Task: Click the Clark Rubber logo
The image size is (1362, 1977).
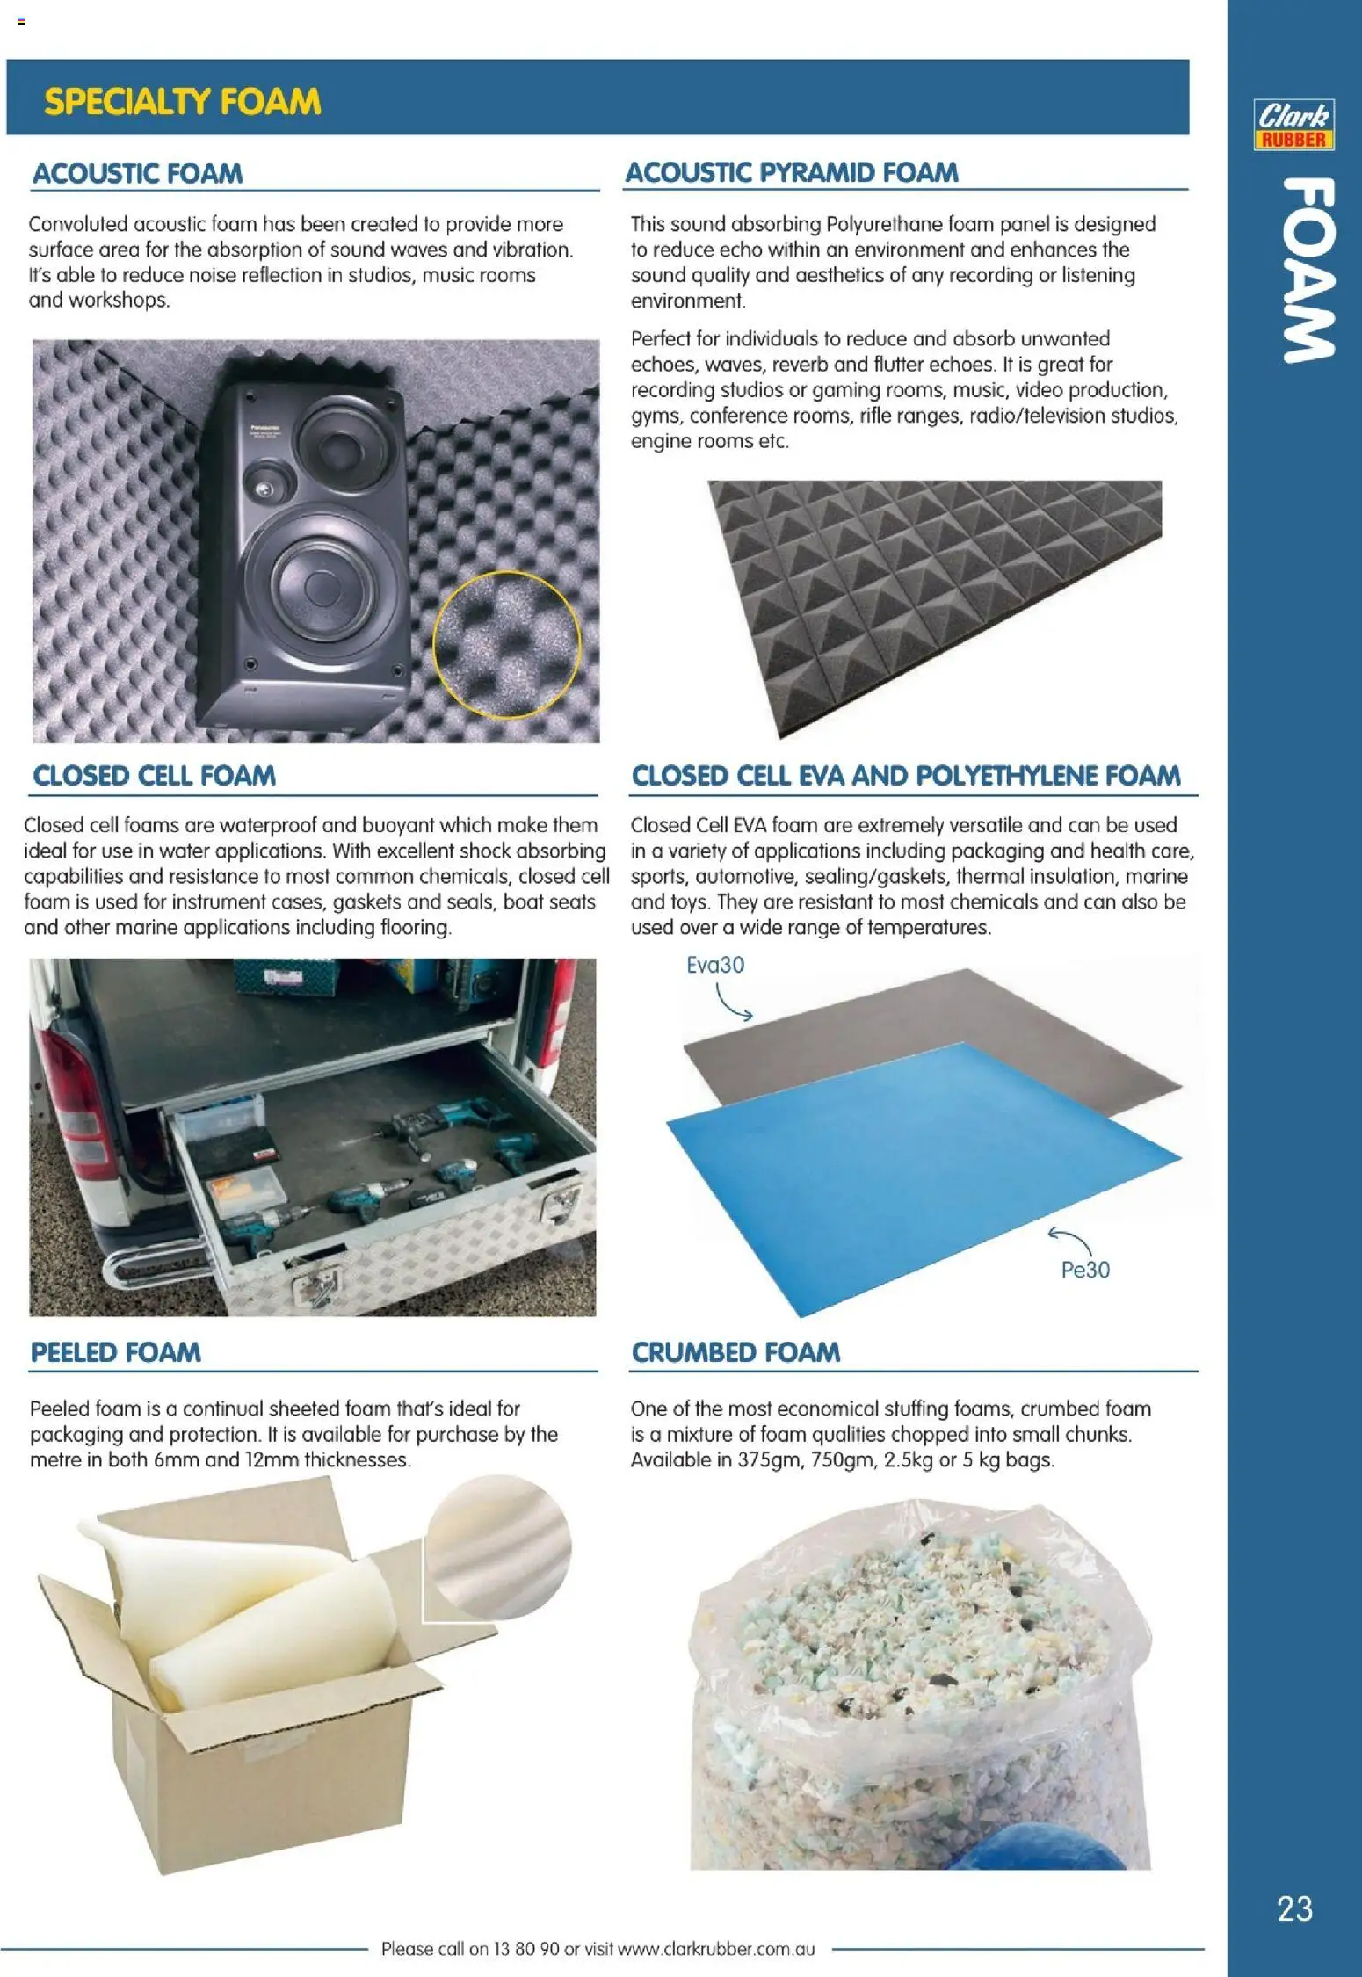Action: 1293,125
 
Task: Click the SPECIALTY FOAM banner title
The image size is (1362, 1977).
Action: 183,102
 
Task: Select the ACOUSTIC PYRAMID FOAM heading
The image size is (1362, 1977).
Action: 791,172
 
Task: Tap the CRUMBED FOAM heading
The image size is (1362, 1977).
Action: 735,1352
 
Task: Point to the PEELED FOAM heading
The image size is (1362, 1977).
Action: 115,1352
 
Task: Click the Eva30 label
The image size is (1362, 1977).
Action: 714,965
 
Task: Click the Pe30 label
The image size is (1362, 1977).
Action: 1085,1270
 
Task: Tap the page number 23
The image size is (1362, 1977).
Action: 1294,1908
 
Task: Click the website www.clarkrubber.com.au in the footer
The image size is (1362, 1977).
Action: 716,1949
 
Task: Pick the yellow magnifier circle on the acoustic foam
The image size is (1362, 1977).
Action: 507,644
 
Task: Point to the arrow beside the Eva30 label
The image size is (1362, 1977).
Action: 733,1003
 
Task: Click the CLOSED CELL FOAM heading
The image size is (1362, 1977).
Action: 154,776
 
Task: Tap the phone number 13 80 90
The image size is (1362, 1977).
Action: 525,1949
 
